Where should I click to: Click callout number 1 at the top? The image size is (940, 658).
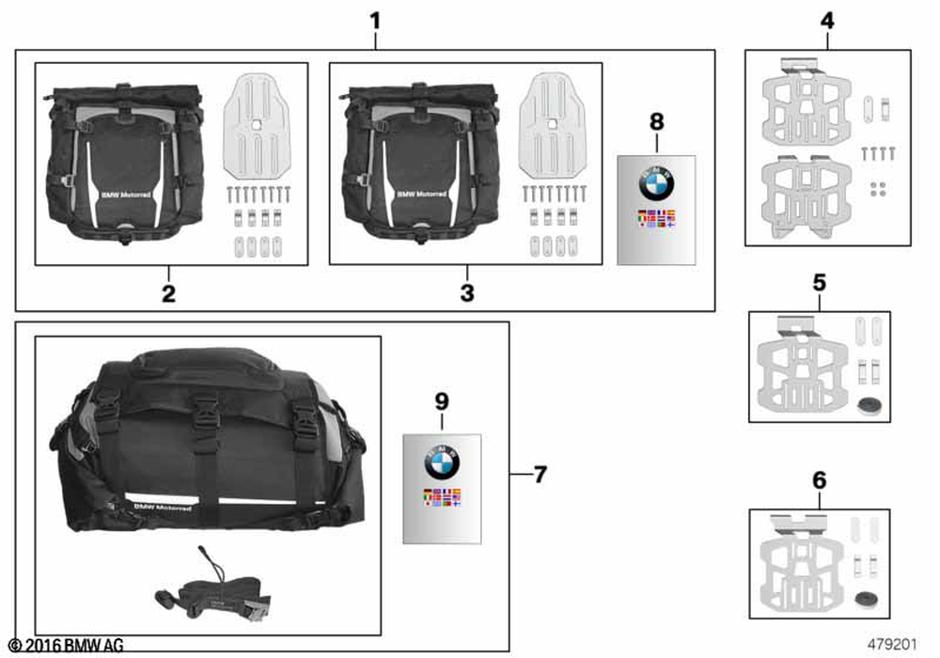[375, 18]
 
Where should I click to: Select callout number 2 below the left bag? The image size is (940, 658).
[168, 292]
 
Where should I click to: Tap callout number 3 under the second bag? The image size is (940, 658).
[467, 292]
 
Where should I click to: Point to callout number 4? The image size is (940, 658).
[827, 18]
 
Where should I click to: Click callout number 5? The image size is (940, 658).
[819, 282]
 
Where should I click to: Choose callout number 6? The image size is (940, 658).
[819, 480]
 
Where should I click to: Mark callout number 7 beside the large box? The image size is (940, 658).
[540, 476]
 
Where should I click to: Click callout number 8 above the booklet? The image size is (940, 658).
[656, 122]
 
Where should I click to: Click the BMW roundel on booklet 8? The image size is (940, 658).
[657, 183]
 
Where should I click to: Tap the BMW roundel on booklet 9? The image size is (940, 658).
[443, 461]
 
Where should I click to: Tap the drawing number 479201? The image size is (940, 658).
[901, 646]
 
